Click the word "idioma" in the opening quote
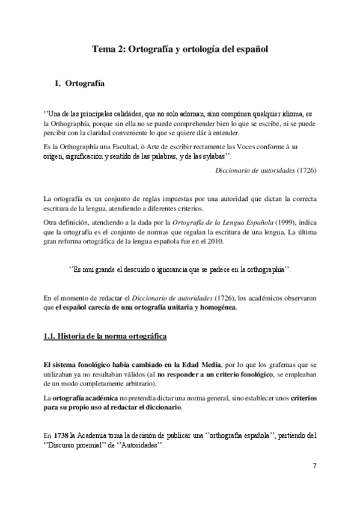[289, 114]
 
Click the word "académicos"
[249, 298]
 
